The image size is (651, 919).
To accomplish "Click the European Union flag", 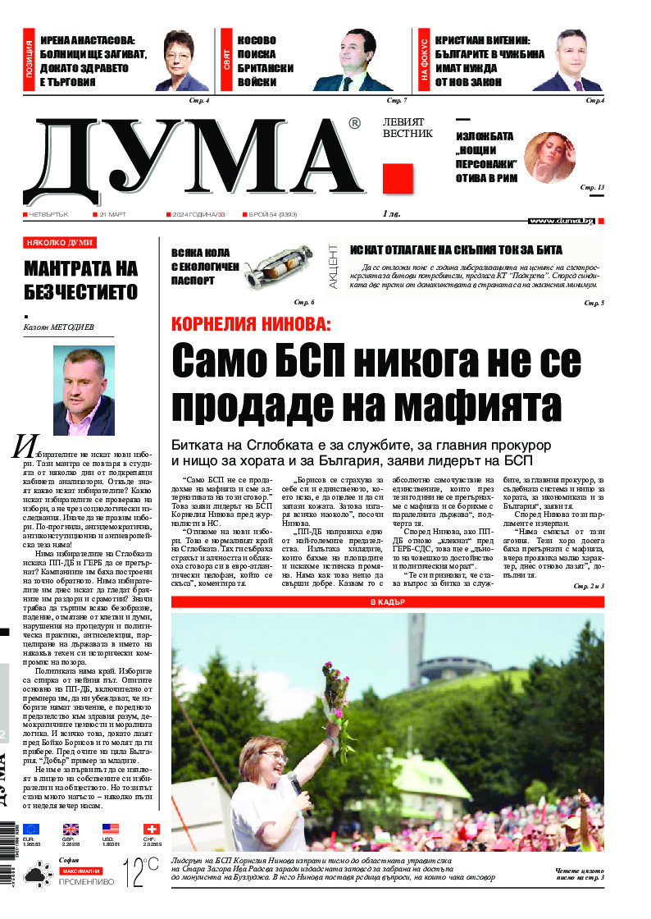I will pos(31,829).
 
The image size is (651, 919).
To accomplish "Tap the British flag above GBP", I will pos(71,829).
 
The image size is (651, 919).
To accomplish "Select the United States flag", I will pos(111,829).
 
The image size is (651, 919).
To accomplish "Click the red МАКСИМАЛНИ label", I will pos(80,869).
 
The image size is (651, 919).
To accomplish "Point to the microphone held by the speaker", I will pos(296,786).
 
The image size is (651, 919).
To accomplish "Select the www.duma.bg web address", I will pos(561,221).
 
